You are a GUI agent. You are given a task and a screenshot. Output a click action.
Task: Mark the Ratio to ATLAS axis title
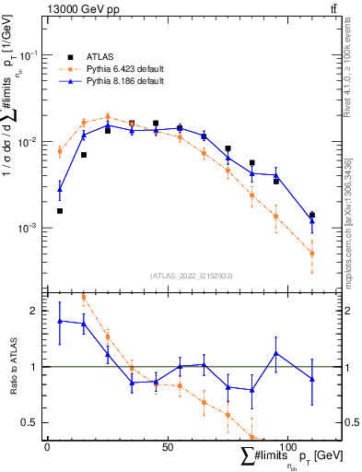coord(15,366)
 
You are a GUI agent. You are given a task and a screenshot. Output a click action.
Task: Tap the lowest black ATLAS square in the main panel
coord(60,210)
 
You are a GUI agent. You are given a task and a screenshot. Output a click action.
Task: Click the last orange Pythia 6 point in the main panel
coord(311,254)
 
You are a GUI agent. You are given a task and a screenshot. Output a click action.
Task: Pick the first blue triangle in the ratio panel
coord(60,321)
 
